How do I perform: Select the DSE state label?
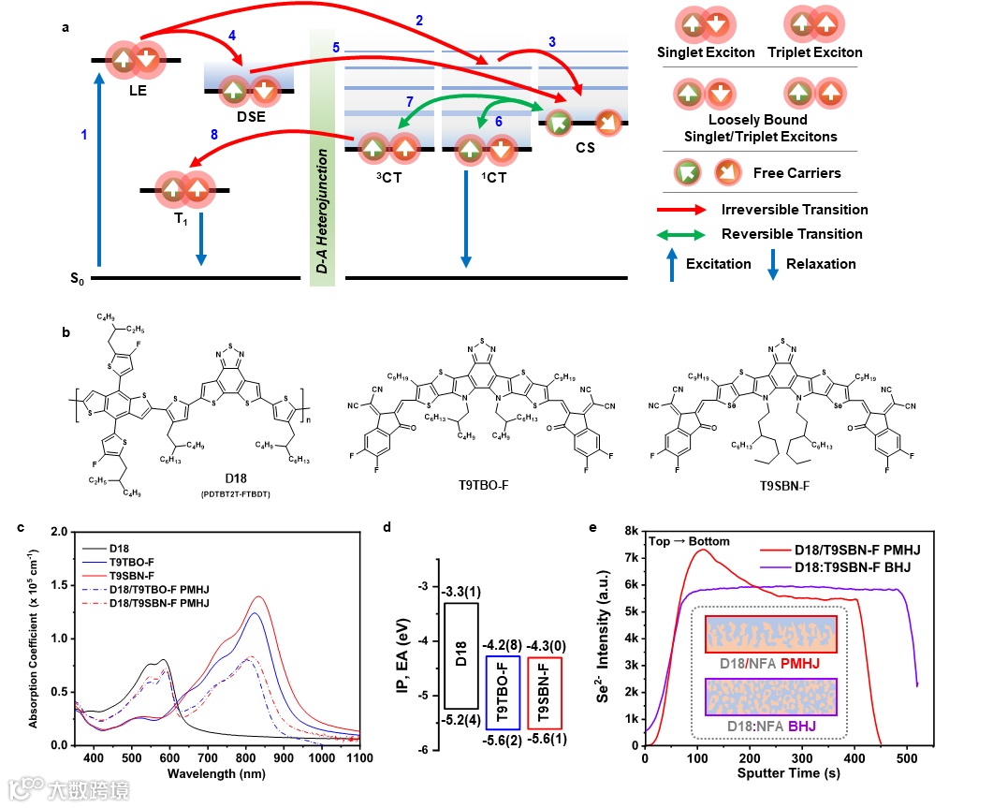(250, 117)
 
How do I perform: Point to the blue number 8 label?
(214, 135)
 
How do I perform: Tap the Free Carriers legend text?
(796, 173)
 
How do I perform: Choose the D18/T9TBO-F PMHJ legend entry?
(160, 590)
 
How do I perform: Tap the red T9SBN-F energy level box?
(546, 694)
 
